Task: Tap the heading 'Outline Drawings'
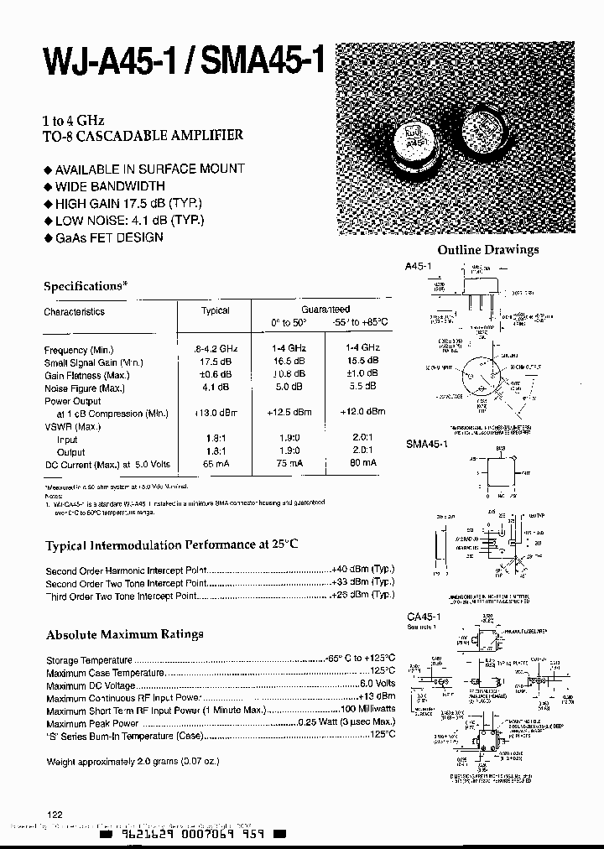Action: pos(488,250)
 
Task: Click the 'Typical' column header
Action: pos(216,311)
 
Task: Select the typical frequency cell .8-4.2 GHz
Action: pos(216,349)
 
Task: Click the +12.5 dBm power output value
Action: pos(289,412)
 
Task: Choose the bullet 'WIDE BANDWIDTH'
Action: pos(109,186)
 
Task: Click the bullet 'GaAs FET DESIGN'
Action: pos(108,237)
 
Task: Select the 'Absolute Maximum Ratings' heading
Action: pos(124,634)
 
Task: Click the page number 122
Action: pos(55,815)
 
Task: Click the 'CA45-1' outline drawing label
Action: pos(423,617)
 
